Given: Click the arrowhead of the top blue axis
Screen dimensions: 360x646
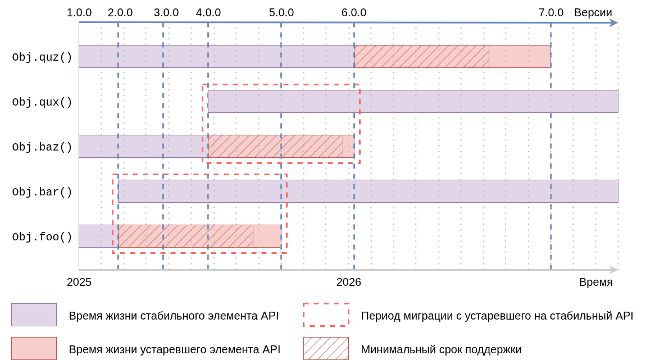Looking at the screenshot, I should [614, 23].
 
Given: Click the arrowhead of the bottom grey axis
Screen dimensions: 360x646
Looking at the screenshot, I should [614, 270].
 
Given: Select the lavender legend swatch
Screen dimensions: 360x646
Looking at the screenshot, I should [34, 315].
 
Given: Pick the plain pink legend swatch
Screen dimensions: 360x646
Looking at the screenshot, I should [34, 348].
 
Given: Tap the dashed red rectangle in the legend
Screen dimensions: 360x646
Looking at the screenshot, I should [326, 315].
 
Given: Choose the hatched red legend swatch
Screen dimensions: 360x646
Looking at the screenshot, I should [326, 348].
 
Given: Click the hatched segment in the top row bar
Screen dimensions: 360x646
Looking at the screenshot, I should [421, 56].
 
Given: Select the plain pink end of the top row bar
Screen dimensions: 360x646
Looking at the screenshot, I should [520, 56].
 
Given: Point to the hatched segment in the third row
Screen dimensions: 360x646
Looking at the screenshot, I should [275, 146].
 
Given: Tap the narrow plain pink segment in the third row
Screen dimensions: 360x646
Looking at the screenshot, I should [348, 146].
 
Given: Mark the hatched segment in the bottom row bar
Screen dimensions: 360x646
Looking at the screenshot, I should [185, 236].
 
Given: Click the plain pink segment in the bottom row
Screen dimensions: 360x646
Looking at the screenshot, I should [267, 236].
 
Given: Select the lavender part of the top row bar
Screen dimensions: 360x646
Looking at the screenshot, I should [216, 56].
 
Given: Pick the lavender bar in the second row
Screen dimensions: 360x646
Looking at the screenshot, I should [413, 101].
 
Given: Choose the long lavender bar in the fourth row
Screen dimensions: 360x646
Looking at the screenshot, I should [368, 191].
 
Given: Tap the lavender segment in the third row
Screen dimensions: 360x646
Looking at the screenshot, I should [143, 146].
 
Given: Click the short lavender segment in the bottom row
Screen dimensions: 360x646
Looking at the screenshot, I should [98, 236].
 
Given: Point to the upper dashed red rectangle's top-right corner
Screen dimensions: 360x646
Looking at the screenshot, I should [360, 85].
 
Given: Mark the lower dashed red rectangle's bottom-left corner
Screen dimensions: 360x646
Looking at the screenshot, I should [113, 253].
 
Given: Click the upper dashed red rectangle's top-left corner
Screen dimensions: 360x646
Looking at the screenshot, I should [203, 85].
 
